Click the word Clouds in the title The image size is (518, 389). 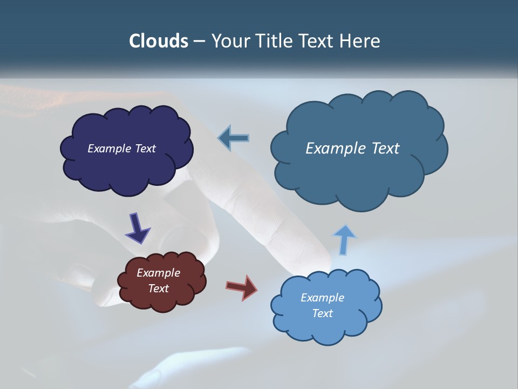tap(158, 41)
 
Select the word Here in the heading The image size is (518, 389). tap(362, 41)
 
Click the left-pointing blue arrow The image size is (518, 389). tap(234, 138)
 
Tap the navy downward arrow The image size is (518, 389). tap(137, 229)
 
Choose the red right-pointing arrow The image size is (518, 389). tap(242, 287)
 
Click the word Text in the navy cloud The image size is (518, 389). tap(145, 149)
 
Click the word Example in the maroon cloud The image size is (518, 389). tap(159, 273)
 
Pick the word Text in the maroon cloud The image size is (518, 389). tap(159, 289)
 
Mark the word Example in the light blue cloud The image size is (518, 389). tap(322, 298)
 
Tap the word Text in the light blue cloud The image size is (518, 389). tap(322, 313)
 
